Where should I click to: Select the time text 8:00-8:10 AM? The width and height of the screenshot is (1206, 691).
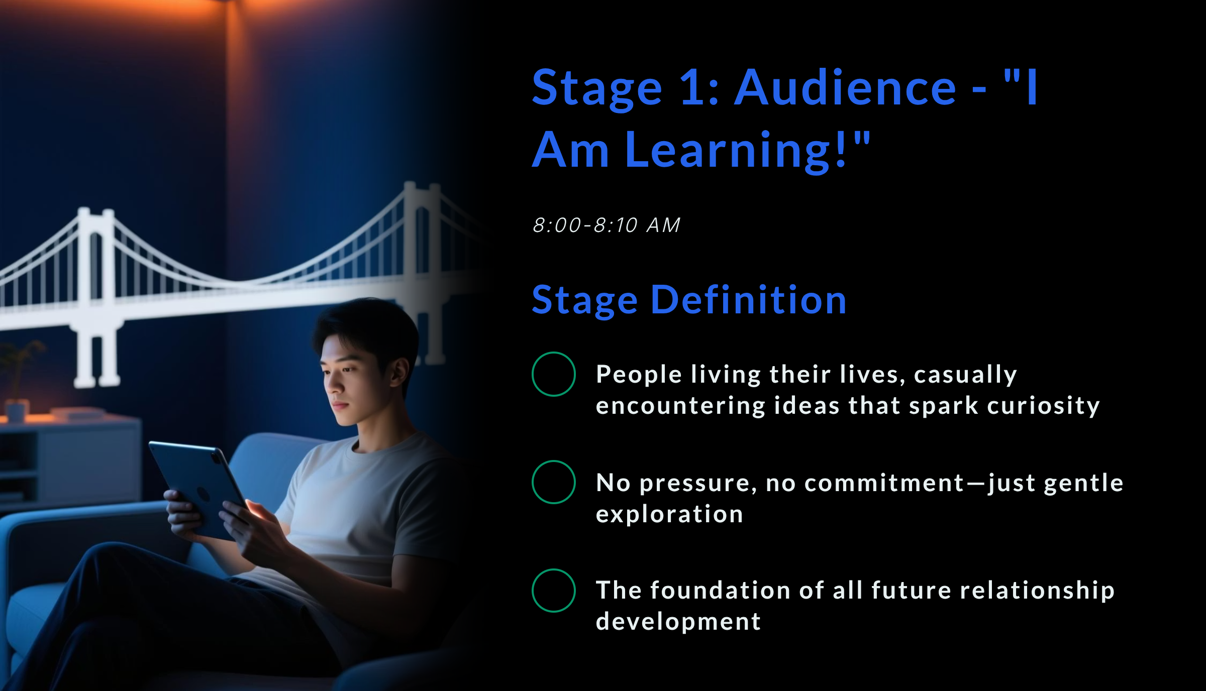607,225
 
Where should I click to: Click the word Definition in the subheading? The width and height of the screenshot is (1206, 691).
749,300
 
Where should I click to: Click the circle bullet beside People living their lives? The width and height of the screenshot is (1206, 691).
553,374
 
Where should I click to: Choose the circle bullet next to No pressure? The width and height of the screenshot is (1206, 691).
553,482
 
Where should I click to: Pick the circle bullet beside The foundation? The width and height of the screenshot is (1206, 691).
553,591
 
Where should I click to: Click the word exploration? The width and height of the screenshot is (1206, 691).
669,514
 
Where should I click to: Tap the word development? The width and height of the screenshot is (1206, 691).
678,622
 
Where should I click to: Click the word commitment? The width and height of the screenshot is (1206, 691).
884,483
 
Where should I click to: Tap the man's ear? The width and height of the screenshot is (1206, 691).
400,372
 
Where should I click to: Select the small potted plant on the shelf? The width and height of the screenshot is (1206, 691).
18,382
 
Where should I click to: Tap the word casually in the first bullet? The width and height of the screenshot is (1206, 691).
965,375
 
